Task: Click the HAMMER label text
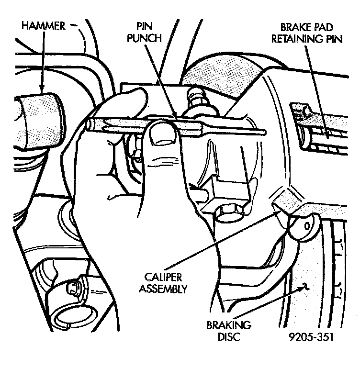point(43,26)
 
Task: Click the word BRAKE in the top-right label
point(293,29)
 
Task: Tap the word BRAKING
point(229,325)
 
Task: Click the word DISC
point(229,336)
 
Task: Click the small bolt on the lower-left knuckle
point(73,287)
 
